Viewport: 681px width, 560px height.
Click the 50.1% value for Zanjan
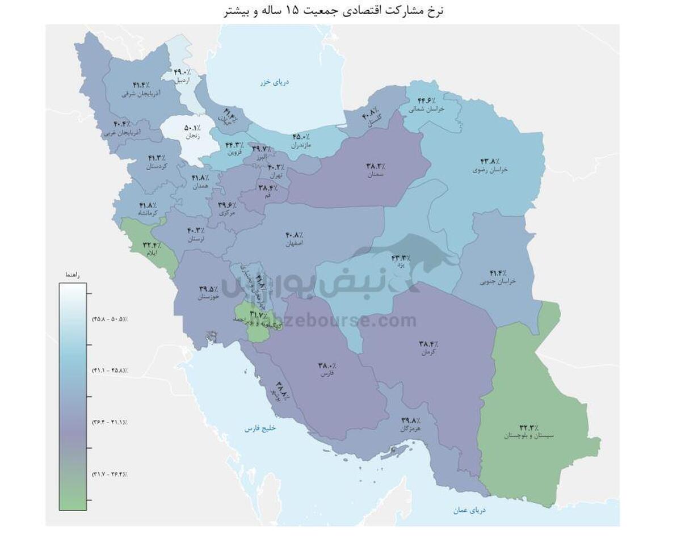click(191, 128)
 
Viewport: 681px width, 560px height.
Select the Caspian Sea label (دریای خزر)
click(275, 82)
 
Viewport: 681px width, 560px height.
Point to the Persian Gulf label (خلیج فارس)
click(260, 428)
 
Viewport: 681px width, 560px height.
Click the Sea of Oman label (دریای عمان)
click(469, 510)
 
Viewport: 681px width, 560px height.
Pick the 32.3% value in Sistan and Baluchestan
click(529, 427)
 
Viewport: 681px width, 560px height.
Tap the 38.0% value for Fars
click(327, 366)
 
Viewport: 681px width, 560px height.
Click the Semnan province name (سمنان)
click(375, 175)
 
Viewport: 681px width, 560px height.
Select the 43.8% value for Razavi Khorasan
click(489, 161)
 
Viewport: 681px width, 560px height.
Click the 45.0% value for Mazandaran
click(301, 137)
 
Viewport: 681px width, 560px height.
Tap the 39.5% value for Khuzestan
click(208, 288)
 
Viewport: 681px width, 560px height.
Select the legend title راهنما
click(72, 275)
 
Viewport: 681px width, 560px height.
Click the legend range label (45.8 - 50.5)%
click(110, 319)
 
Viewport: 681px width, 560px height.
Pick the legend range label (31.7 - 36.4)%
click(110, 474)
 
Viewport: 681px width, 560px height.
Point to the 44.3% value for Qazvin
click(235, 145)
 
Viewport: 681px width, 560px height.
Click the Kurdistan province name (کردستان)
click(157, 166)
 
